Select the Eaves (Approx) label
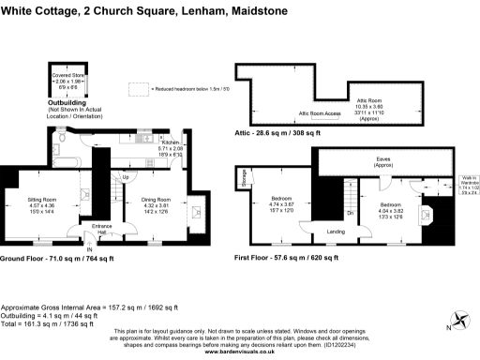pyautogui.click(x=383, y=162)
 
